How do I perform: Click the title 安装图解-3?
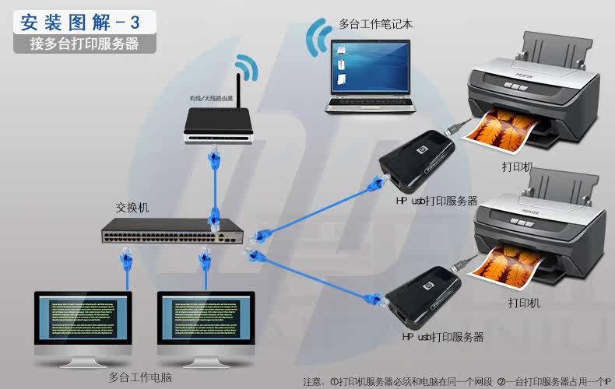point(86,19)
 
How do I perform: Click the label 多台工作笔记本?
point(376,24)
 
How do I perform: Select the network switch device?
point(172,231)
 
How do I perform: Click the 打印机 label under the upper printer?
point(518,166)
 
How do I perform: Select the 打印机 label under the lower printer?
point(524,302)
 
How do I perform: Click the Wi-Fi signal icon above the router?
point(248,68)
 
